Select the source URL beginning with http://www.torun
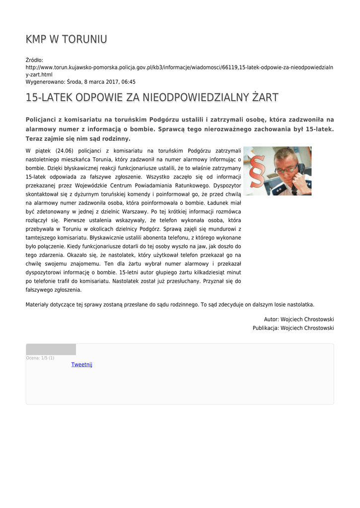[179, 67]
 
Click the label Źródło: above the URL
[34, 60]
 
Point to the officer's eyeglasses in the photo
[288, 168]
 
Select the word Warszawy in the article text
[132, 211]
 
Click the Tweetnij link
[81, 365]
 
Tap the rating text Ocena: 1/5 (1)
[40, 358]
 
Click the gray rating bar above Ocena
[51, 349]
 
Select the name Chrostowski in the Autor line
[315, 319]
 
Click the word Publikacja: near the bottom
[265, 328]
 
